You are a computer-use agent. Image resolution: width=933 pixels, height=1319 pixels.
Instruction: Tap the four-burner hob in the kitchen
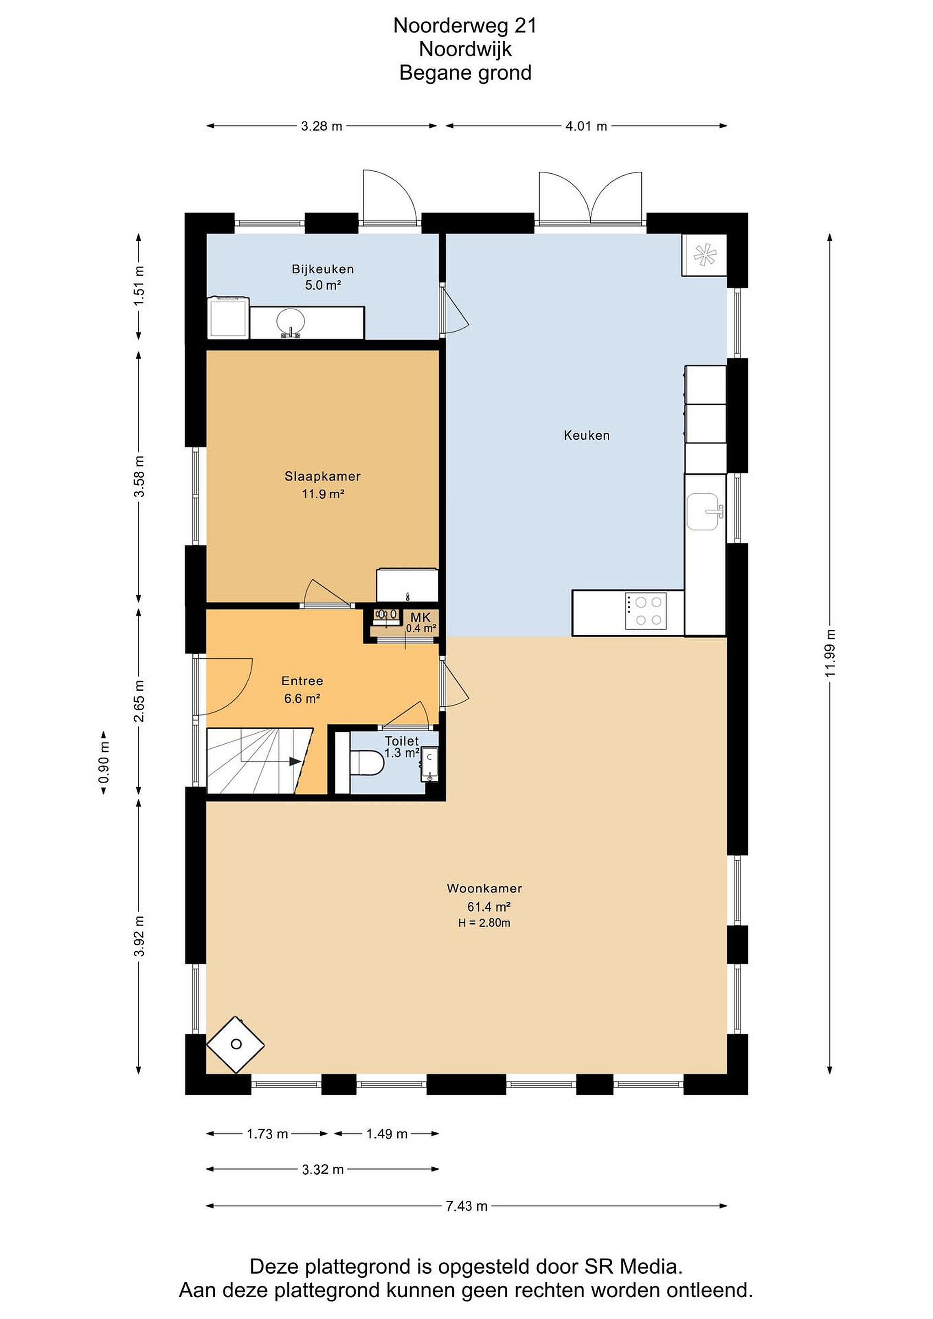pos(646,611)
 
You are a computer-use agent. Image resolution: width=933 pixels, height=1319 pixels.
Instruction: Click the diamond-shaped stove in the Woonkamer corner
pos(235,1044)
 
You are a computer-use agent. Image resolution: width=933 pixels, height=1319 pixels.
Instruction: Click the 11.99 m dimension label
pos(830,653)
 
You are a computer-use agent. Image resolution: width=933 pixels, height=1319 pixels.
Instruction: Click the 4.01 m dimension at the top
pos(586,126)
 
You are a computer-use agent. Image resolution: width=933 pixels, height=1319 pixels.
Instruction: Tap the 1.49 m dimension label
pos(387,1134)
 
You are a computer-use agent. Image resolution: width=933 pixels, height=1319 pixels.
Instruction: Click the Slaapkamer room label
pos(322,476)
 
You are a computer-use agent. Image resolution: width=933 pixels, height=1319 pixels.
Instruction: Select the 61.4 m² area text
pos(489,906)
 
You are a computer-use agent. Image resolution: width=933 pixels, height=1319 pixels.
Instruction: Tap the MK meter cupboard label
pos(420,617)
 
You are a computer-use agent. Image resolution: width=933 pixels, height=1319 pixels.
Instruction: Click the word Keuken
pos(587,436)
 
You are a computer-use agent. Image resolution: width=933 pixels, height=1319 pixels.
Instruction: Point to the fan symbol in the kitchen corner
pos(704,255)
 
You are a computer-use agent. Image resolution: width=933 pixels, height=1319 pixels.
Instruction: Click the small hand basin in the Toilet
pos(429,764)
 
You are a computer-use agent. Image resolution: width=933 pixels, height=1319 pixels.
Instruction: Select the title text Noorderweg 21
pos(465,25)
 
